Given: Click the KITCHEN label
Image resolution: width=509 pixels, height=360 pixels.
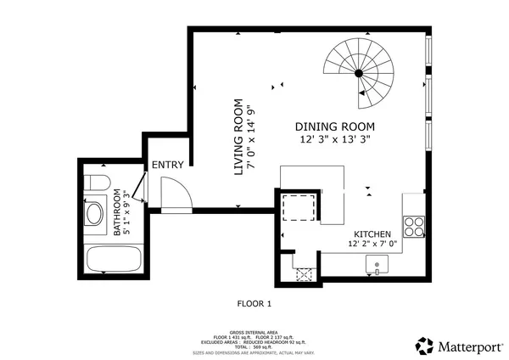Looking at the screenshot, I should click(x=372, y=233).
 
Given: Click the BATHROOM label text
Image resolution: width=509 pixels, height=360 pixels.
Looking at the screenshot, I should click(x=118, y=214).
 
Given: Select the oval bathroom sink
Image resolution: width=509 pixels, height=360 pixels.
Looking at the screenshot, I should click(x=93, y=212).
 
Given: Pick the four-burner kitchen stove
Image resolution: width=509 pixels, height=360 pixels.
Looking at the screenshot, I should click(x=412, y=227).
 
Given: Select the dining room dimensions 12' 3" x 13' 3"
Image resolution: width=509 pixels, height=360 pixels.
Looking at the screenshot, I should click(x=334, y=138).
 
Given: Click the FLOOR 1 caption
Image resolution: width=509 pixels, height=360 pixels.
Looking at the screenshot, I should click(x=253, y=302).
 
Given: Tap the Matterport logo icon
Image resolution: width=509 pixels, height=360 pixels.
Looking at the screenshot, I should click(x=424, y=345).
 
